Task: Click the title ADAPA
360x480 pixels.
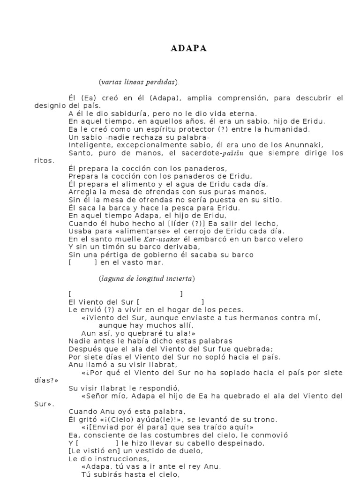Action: point(189,49)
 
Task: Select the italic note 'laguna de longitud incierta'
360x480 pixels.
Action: point(147,278)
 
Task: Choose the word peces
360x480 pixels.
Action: point(232,310)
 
